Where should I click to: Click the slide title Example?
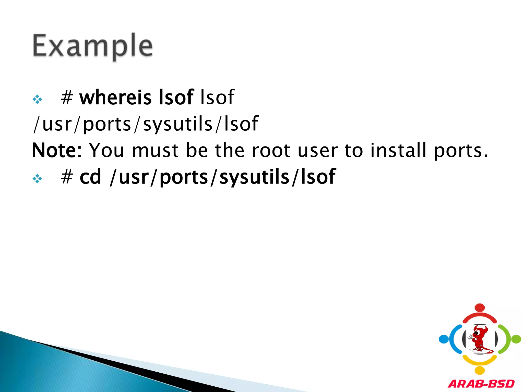click(92, 46)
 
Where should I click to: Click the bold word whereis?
click(115, 97)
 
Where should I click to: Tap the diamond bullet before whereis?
click(37, 99)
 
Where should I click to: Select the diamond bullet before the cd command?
click(37, 178)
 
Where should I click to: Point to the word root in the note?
click(271, 150)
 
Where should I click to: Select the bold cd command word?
click(90, 177)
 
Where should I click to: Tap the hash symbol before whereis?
click(67, 97)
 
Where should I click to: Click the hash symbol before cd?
click(67, 177)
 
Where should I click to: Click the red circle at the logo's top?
click(480, 308)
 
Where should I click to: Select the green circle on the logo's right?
click(516, 339)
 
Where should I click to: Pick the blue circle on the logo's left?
click(444, 339)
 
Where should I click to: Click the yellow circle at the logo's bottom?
click(480, 370)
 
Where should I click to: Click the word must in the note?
click(155, 150)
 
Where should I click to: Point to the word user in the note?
click(317, 150)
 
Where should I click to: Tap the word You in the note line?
click(106, 150)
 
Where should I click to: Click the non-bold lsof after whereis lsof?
click(217, 97)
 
